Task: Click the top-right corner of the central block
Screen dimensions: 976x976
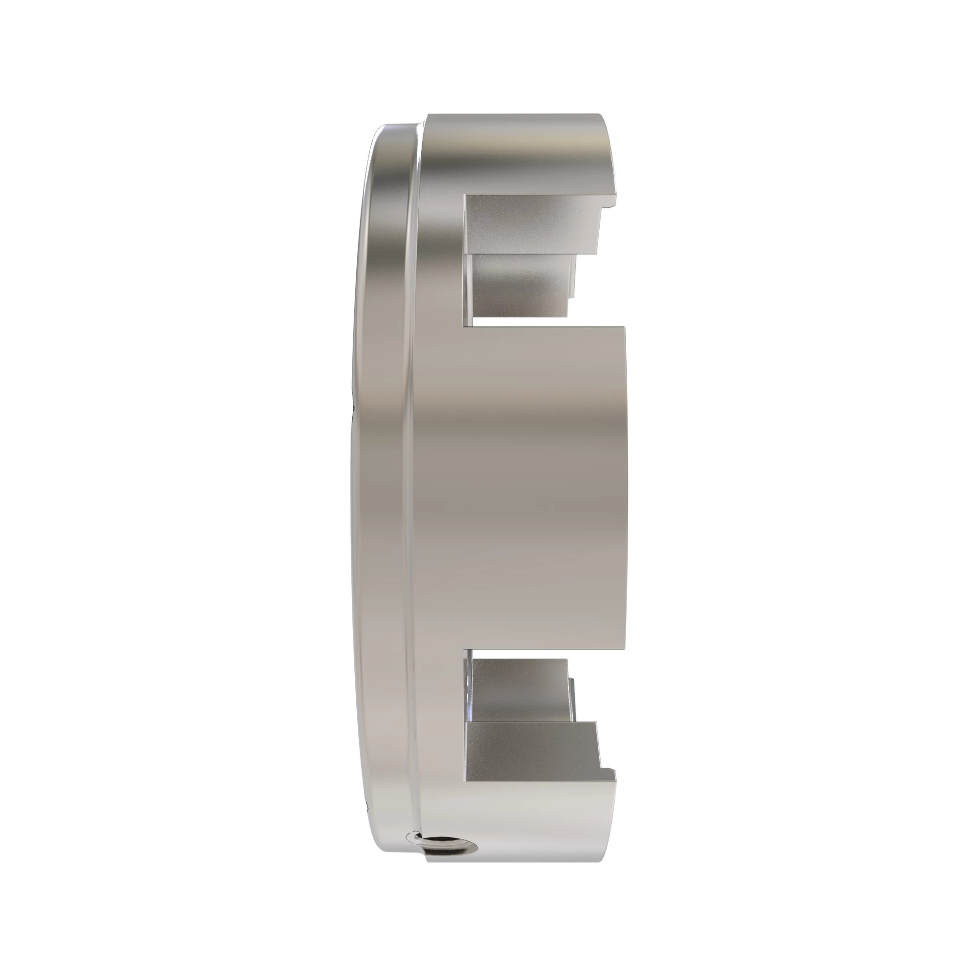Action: [625, 327]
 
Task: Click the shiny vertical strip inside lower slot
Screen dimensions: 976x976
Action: [470, 707]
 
